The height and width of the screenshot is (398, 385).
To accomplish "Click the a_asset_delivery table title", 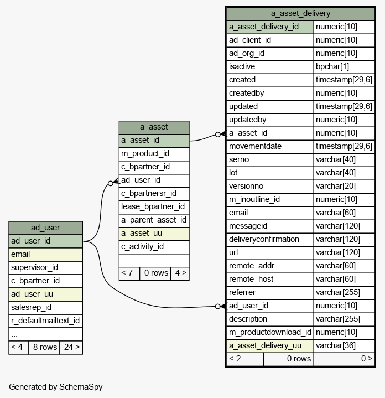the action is (x=300, y=13).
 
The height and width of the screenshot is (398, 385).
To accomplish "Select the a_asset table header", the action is (x=154, y=127).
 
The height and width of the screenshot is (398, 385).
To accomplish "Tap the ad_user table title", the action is (x=45, y=228).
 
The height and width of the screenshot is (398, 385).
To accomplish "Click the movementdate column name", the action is (x=255, y=146).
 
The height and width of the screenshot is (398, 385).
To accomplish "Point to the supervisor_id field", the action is (x=34, y=267).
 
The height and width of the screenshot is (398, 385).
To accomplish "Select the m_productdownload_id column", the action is (x=270, y=332).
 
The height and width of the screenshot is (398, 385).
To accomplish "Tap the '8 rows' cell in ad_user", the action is (x=44, y=347).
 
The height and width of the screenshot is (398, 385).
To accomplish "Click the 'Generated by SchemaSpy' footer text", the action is (x=56, y=387).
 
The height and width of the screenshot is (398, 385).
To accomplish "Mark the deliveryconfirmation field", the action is (x=264, y=239).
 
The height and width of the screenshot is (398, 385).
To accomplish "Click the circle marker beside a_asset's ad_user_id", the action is (x=110, y=183).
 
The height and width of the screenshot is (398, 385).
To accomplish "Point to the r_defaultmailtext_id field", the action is (x=45, y=321).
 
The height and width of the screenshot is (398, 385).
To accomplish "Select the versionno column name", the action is (x=246, y=186).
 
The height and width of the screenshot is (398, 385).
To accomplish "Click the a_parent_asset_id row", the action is (x=154, y=220).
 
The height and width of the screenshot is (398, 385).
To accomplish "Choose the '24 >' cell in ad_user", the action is (x=71, y=347).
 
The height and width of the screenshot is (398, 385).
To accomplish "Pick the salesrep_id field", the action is (x=31, y=307).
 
